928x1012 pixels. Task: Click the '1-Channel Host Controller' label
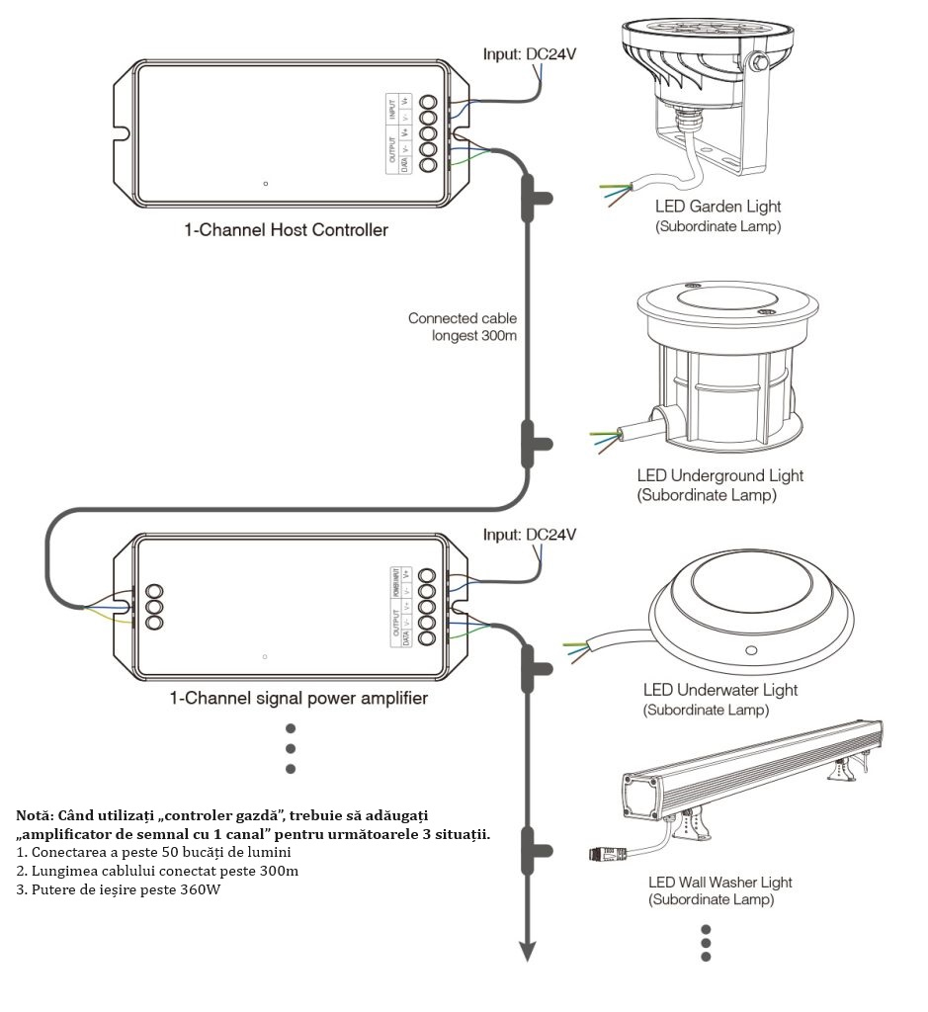[286, 231]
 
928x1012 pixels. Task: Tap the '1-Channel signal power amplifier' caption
[298, 699]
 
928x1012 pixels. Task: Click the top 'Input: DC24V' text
[529, 53]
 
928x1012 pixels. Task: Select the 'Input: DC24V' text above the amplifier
[529, 535]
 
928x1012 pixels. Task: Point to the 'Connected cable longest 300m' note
[463, 326]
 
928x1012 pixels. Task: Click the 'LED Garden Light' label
[718, 207]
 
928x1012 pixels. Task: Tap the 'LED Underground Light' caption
[719, 475]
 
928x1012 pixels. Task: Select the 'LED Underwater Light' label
[719, 690]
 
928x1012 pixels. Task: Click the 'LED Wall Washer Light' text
[719, 882]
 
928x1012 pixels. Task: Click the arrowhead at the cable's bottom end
[529, 951]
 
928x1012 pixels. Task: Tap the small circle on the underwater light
[750, 650]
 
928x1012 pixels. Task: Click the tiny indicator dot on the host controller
[266, 184]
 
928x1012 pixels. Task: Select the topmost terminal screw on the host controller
[429, 103]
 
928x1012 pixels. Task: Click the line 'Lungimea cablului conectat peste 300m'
[157, 871]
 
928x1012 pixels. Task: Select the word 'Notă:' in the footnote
[36, 816]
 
